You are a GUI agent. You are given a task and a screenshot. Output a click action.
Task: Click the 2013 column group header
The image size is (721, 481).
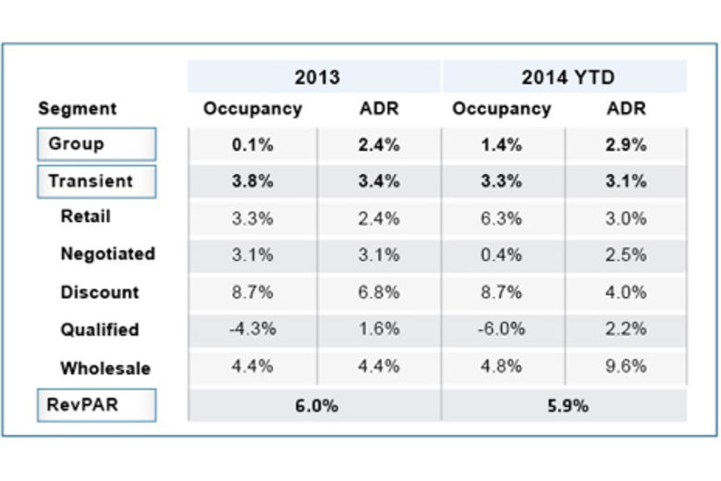click(x=316, y=77)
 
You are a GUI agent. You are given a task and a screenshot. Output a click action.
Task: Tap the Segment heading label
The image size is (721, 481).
click(x=77, y=109)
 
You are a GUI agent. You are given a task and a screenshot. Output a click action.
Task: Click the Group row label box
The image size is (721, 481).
click(x=96, y=144)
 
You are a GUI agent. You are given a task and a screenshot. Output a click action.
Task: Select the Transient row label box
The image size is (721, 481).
click(x=96, y=181)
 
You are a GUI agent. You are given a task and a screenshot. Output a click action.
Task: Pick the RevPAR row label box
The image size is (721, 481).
click(x=96, y=405)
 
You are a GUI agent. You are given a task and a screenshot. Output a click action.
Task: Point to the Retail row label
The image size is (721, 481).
click(x=85, y=216)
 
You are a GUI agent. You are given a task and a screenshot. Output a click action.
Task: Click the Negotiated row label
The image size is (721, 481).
click(x=107, y=254)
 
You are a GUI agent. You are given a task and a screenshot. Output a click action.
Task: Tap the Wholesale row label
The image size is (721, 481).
click(x=105, y=368)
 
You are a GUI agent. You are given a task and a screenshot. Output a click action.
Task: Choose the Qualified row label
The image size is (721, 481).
click(x=100, y=329)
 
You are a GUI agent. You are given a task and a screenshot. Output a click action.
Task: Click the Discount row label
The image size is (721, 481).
click(x=100, y=292)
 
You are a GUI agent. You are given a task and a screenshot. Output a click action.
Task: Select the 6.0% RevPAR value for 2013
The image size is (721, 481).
click(x=315, y=405)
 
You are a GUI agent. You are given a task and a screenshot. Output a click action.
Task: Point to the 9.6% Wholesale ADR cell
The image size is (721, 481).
click(x=626, y=366)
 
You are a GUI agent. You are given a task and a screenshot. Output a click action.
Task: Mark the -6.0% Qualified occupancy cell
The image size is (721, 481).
click(x=501, y=329)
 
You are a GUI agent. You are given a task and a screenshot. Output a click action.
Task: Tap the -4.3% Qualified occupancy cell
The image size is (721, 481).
click(x=252, y=329)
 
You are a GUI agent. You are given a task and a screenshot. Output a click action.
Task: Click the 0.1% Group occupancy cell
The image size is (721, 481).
click(x=252, y=144)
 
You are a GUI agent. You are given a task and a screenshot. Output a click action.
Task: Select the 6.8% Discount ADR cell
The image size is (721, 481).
click(x=379, y=292)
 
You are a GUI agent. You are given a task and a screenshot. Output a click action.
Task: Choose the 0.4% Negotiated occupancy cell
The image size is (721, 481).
click(x=501, y=254)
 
